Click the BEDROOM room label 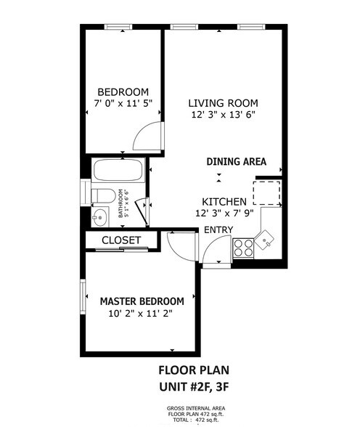coord(122,92)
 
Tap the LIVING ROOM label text coord(223,103)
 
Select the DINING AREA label coord(236,161)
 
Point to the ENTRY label coord(218,230)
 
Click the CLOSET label coord(120,240)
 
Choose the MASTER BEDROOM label coord(141,301)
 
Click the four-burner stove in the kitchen coord(242,248)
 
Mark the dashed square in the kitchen coord(266,194)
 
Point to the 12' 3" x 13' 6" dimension coord(223,115)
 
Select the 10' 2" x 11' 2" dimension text coord(141,314)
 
